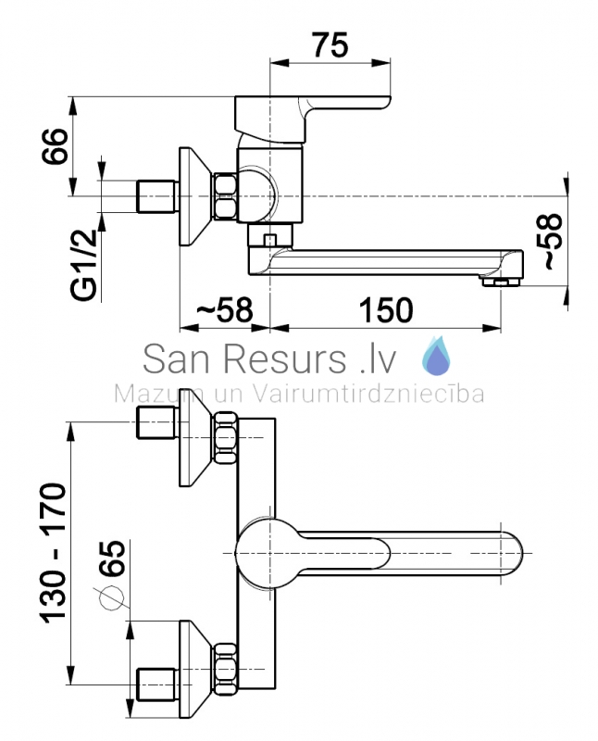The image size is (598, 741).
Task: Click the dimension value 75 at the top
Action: click(x=330, y=45)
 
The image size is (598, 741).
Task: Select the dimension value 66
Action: click(x=55, y=145)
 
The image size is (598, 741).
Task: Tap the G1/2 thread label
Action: click(x=84, y=265)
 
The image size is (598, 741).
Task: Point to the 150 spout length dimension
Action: click(x=386, y=310)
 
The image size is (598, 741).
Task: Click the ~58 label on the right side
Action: click(x=554, y=241)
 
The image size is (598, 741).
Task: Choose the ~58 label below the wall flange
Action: click(x=224, y=310)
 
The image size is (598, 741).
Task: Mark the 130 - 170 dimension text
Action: click(x=53, y=553)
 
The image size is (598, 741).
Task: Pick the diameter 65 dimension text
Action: click(x=114, y=559)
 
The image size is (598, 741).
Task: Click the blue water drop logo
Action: click(x=435, y=356)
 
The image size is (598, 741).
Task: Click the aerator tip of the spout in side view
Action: click(x=500, y=282)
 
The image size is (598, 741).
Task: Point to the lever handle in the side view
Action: click(x=312, y=119)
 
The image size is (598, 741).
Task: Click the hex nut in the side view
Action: click(x=225, y=196)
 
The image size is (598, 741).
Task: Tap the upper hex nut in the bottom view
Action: click(x=225, y=437)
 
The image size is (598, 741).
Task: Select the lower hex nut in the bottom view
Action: click(x=225, y=668)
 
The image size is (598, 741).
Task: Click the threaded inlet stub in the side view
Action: click(x=156, y=196)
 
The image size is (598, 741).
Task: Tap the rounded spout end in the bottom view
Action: click(x=513, y=553)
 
